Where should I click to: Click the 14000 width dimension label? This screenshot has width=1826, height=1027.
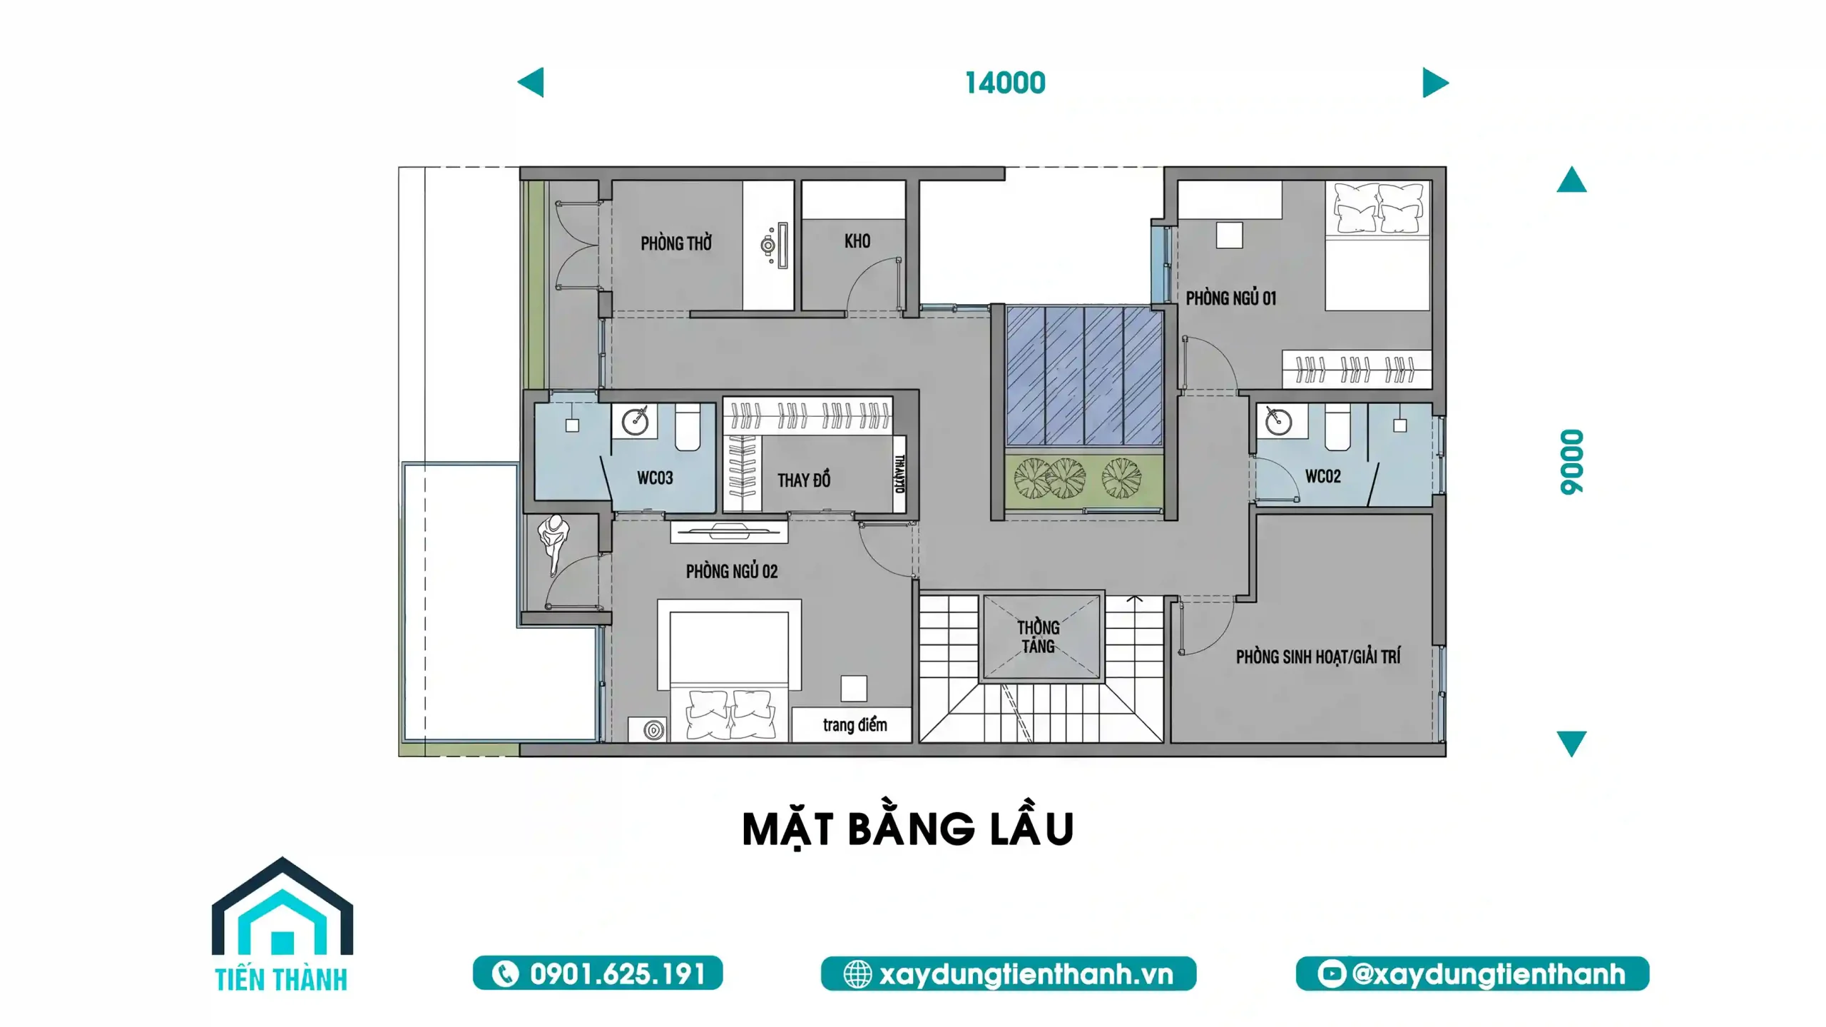pyautogui.click(x=1005, y=83)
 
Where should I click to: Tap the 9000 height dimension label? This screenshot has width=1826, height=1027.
pyautogui.click(x=1572, y=462)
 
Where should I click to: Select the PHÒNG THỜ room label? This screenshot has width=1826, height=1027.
pyautogui.click(x=676, y=243)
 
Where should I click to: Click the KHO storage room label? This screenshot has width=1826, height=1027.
pyautogui.click(x=857, y=241)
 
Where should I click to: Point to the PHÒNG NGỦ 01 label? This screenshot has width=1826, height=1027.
pyautogui.click(x=1231, y=298)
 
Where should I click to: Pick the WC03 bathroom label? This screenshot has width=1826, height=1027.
pyautogui.click(x=655, y=477)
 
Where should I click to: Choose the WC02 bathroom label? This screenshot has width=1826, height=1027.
pyautogui.click(x=1323, y=476)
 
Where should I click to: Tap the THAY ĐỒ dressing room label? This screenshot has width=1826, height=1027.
pyautogui.click(x=804, y=480)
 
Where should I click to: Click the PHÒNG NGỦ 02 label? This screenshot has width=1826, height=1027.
pyautogui.click(x=732, y=571)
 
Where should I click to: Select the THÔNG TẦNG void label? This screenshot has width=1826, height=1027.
pyautogui.click(x=1039, y=637)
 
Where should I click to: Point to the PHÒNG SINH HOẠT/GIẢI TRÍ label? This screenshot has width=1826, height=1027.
pyautogui.click(x=1318, y=656)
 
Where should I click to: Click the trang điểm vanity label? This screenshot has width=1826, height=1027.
pyautogui.click(x=855, y=725)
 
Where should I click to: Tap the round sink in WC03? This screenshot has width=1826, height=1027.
pyautogui.click(x=634, y=422)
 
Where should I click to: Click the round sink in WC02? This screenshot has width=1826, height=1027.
pyautogui.click(x=1278, y=422)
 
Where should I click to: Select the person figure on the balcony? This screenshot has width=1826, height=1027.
pyautogui.click(x=554, y=542)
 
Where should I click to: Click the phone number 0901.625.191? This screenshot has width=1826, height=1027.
pyautogui.click(x=598, y=973)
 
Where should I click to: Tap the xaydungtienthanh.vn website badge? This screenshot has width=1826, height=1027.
pyautogui.click(x=1009, y=973)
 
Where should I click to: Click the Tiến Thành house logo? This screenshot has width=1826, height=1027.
pyautogui.click(x=282, y=924)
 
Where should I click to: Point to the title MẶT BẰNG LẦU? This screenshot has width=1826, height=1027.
pyautogui.click(x=908, y=829)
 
